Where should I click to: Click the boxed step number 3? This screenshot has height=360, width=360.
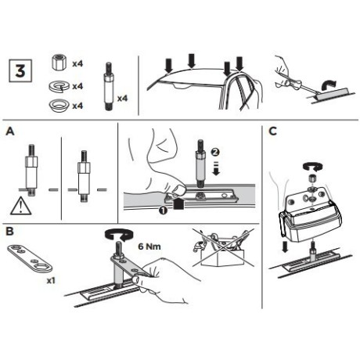[20, 70]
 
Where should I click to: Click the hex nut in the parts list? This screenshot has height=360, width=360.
[59, 63]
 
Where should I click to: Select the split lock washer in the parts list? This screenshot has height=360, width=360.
[59, 86]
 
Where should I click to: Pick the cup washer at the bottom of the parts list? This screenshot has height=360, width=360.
[59, 106]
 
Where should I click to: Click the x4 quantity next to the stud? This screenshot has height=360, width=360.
[122, 99]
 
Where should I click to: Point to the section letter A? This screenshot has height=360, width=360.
[10, 131]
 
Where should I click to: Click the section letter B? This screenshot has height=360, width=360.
[9, 231]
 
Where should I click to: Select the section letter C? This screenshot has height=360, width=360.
[272, 131]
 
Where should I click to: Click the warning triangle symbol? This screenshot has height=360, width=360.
[21, 206]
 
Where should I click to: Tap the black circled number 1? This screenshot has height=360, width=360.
[164, 211]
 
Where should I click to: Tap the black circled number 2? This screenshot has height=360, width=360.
[215, 152]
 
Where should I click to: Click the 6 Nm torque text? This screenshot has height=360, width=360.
[149, 247]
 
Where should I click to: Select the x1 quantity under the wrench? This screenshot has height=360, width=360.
[51, 281]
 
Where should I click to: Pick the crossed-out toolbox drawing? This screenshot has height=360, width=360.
[223, 248]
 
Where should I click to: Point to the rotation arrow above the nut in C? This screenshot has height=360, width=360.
[313, 167]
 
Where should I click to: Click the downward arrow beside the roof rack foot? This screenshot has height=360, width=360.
[285, 247]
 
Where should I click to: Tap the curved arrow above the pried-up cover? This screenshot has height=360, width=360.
[329, 86]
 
